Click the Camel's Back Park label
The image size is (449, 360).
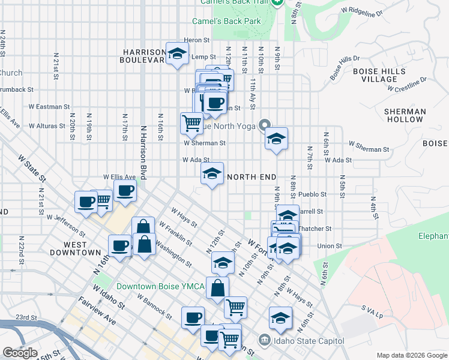[226, 21]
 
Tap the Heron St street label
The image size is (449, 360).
[196, 40]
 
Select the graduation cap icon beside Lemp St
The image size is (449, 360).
[177, 55]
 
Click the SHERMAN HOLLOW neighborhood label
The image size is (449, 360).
[405, 115]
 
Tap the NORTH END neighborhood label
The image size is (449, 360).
[252, 177]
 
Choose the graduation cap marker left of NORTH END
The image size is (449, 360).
[211, 174]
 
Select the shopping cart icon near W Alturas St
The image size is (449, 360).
[191, 123]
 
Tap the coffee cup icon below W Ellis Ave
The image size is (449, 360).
[125, 191]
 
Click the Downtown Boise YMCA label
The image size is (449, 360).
[160, 286]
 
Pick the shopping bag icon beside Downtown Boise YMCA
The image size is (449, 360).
[217, 287]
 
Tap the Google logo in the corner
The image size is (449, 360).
[20, 353]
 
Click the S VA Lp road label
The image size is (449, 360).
[372, 308]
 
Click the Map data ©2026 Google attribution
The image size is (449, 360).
[412, 355]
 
